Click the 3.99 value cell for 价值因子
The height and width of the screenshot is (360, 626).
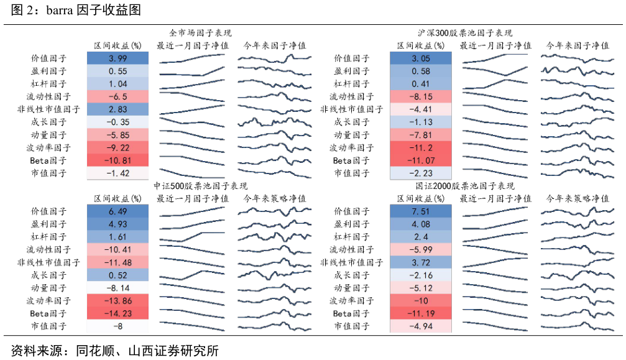click(x=117, y=58)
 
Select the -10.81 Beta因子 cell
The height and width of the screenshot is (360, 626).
click(x=117, y=160)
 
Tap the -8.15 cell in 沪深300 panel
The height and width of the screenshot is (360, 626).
click(x=421, y=96)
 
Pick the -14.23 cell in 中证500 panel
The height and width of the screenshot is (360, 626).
click(x=117, y=313)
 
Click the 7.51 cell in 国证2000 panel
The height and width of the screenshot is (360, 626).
click(x=421, y=211)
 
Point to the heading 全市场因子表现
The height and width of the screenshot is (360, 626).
click(x=200, y=33)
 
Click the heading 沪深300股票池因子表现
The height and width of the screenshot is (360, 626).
click(x=465, y=33)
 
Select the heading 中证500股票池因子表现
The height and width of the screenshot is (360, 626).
click(x=200, y=186)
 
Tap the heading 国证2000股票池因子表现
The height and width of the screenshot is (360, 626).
click(x=465, y=186)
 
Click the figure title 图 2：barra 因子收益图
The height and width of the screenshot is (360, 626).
click(x=76, y=9)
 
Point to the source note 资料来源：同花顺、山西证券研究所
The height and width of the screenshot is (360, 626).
click(x=114, y=351)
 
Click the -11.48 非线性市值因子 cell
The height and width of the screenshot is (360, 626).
click(x=117, y=262)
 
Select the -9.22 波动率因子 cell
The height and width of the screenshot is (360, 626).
click(x=117, y=148)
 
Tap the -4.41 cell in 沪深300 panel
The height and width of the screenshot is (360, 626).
click(x=421, y=109)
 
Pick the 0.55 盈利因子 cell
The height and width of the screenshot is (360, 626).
click(x=117, y=71)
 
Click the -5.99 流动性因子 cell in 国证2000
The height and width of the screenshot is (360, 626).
click(x=421, y=249)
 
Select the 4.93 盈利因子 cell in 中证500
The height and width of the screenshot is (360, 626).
click(x=117, y=224)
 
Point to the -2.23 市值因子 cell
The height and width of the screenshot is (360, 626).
click(x=421, y=173)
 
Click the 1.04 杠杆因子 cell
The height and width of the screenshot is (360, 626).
click(x=117, y=84)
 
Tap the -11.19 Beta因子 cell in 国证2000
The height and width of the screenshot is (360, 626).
click(x=421, y=313)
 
